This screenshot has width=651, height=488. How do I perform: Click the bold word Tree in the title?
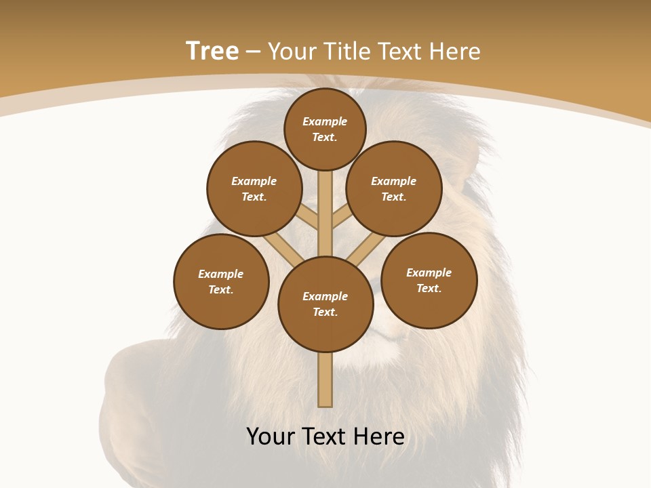click(212, 52)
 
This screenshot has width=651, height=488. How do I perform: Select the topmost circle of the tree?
click(325, 129)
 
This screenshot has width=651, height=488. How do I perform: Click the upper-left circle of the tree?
click(254, 188)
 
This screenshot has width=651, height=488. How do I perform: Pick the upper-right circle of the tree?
click(393, 188)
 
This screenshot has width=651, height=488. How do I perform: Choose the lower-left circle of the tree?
click(221, 281)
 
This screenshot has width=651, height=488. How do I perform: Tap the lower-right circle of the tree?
click(429, 280)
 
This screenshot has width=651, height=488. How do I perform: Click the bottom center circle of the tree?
click(325, 304)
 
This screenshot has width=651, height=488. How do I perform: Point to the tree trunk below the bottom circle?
click(325, 380)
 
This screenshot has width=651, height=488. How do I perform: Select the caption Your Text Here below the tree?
click(325, 436)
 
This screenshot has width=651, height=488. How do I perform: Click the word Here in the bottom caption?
click(378, 436)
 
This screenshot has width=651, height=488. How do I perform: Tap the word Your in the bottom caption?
click(271, 436)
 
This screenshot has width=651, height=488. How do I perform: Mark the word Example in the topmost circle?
click(325, 121)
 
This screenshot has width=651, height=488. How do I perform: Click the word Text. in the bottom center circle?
click(325, 312)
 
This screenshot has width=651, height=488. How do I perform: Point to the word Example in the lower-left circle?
click(221, 274)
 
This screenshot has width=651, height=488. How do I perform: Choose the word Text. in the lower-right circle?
click(429, 288)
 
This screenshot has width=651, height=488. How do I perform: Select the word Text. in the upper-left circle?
click(254, 197)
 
